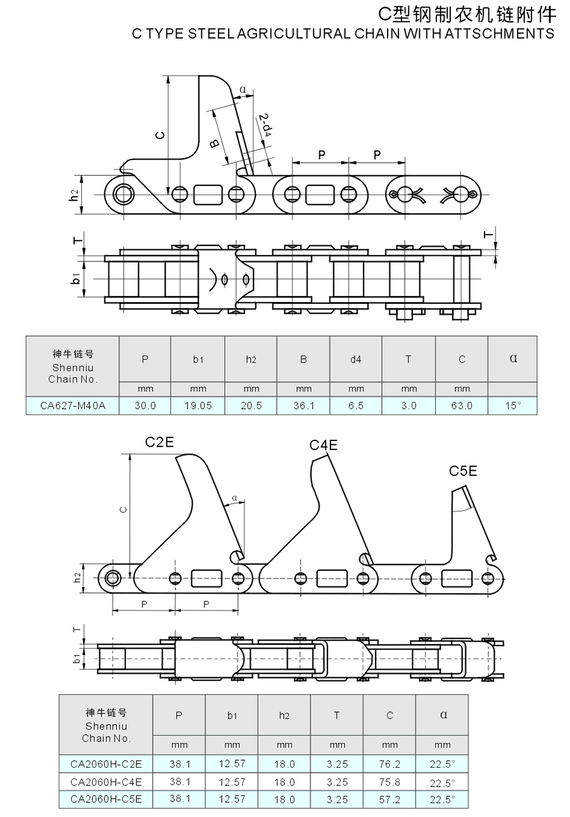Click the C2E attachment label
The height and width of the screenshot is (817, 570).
tap(159, 442)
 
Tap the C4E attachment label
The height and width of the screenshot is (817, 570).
tap(323, 445)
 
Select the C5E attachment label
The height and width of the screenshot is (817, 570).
tap(463, 471)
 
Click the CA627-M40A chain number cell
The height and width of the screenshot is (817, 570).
tap(73, 406)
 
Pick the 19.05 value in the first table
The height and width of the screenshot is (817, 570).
tap(198, 406)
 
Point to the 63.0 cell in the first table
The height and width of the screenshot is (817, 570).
tap(462, 406)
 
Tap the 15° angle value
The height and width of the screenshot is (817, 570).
tap(513, 406)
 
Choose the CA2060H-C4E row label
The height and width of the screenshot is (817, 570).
tap(106, 782)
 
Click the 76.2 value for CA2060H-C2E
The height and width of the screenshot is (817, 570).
tap(389, 764)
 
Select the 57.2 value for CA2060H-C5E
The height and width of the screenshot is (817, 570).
tap(389, 799)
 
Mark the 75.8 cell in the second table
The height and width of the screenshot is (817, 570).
tap(389, 782)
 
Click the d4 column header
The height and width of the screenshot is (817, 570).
tap(356, 359)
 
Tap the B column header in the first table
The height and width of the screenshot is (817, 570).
tap(303, 359)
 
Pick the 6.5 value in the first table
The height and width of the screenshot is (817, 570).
tap(356, 406)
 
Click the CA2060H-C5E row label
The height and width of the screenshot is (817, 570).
tap(106, 799)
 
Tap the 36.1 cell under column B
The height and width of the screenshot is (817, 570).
tap(303, 406)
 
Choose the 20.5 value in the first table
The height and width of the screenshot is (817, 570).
tap(251, 406)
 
